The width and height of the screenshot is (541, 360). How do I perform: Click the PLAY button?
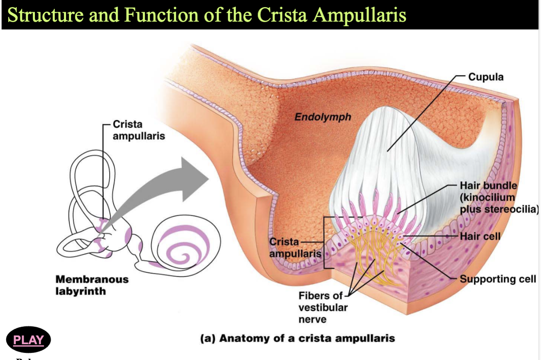point(29,340)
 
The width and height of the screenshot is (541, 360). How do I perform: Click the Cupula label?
point(486,77)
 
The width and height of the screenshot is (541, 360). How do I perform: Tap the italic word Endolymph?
point(323,117)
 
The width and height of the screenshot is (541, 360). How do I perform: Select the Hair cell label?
point(480,236)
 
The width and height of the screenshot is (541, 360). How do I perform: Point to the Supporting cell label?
point(498,279)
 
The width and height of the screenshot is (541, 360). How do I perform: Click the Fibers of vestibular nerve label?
point(323,307)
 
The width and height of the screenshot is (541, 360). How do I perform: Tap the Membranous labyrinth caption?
point(92,285)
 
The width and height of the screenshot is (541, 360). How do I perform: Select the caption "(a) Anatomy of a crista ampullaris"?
point(297,338)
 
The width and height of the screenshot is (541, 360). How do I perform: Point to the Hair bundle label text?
point(499,197)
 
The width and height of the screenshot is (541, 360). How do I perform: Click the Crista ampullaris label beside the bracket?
point(295,248)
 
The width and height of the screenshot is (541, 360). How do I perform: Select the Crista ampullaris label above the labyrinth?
point(139,130)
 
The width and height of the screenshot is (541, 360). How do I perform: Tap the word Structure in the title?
point(46,15)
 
